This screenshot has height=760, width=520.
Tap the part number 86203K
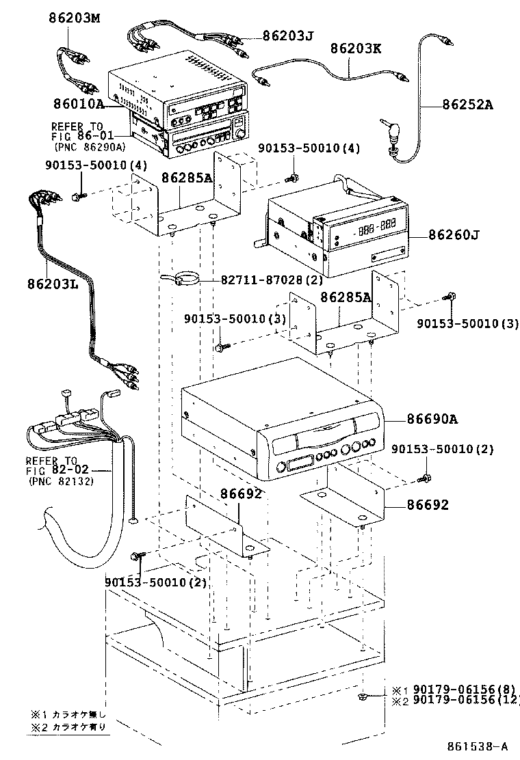[356, 49]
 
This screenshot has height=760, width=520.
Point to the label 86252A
[467, 105]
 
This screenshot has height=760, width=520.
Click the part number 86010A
[79, 104]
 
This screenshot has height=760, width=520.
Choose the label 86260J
[454, 235]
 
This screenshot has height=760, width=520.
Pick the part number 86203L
[53, 284]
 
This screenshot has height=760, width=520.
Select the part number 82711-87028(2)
[272, 280]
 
